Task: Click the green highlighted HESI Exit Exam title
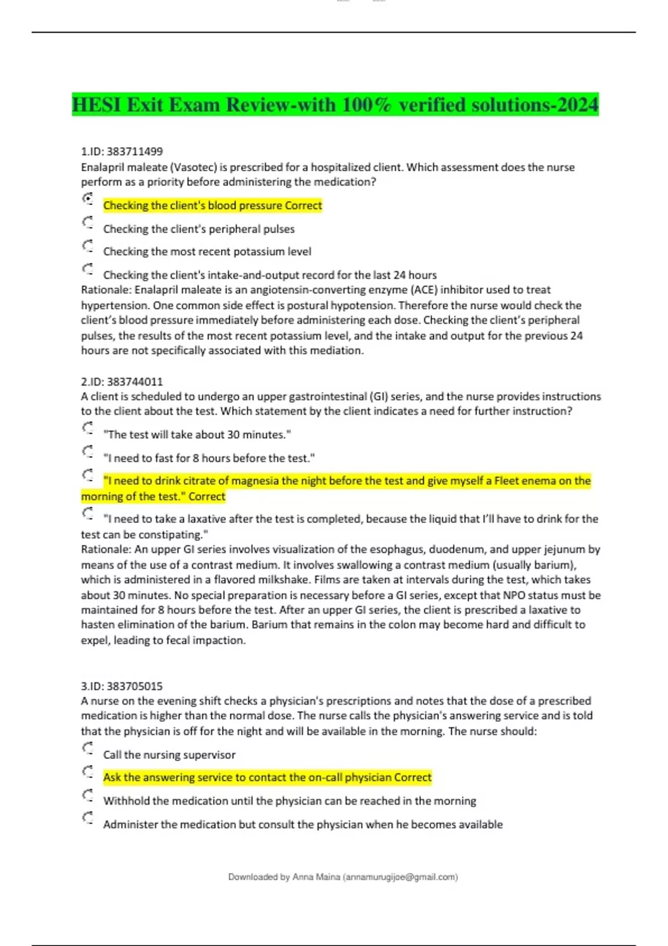(335, 105)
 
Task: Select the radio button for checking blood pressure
(88, 199)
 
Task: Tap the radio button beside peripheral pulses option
(88, 223)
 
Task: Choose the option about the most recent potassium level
(207, 252)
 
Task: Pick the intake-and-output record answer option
(269, 275)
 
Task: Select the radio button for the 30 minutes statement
(88, 428)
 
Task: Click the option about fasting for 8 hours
(209, 458)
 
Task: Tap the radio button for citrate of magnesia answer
(88, 475)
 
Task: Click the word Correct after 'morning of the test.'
(207, 496)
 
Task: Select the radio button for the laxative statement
(88, 513)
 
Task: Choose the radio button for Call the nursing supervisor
(88, 748)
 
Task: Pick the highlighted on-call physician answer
(267, 777)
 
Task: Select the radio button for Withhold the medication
(88, 795)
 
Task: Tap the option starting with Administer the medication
(303, 824)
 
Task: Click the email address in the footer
(400, 877)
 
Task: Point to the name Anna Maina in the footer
(316, 877)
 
